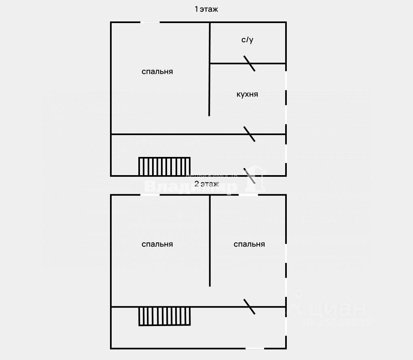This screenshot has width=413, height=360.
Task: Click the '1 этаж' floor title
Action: coord(206,9)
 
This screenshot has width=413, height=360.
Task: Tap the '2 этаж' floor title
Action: coord(206,184)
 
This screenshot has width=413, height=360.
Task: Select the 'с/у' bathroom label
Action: coord(248,40)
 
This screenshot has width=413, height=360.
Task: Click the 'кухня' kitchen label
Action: coord(247,94)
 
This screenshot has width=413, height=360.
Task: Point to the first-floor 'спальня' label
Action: coord(157,72)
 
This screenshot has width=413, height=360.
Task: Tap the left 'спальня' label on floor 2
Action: coord(157,244)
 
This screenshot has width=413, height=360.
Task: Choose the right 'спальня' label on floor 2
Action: coord(249,244)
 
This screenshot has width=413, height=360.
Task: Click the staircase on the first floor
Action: coord(164,166)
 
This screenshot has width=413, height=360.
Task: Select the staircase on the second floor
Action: coord(164,316)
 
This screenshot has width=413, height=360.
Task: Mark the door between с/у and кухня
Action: coord(249,64)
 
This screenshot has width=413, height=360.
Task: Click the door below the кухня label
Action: coord(249,134)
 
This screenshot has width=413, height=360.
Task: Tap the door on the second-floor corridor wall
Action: coord(249,307)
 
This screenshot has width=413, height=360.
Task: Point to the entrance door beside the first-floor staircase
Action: coord(250,176)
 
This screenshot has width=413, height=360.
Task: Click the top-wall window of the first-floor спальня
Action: coord(150,22)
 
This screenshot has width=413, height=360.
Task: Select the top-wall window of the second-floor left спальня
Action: coord(150,195)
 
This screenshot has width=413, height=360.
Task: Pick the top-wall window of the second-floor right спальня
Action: coord(248,195)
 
